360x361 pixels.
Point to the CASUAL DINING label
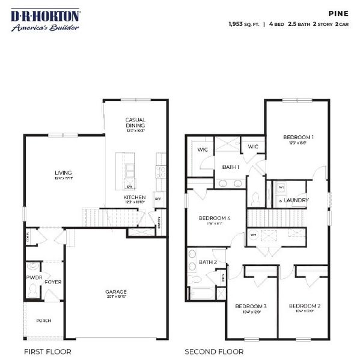coord(136,123)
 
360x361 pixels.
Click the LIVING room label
coord(59,173)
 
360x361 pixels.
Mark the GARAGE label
coord(116,292)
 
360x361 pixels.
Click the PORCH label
coord(43,321)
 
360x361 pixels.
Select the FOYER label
coord(53,282)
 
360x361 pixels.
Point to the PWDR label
coord(33,279)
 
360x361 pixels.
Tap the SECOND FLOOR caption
coord(214,351)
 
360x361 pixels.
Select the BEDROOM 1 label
coord(299,137)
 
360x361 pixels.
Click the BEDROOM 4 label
coord(215,218)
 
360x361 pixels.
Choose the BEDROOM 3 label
coord(250,306)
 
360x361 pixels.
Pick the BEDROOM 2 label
coord(305,306)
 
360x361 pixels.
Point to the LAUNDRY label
coord(296,200)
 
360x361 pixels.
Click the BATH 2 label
coord(208,262)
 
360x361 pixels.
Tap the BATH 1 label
coord(231,167)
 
